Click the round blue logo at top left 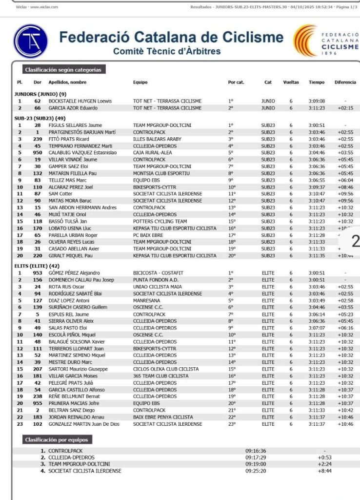point(30,41)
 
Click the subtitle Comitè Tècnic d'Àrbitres point(166,51)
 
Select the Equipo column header point(140,83)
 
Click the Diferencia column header point(345,83)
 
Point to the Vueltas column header point(291,83)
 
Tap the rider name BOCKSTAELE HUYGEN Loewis point(80,101)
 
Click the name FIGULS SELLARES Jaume point(74,125)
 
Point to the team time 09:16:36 point(256,451)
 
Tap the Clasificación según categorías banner point(63,70)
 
